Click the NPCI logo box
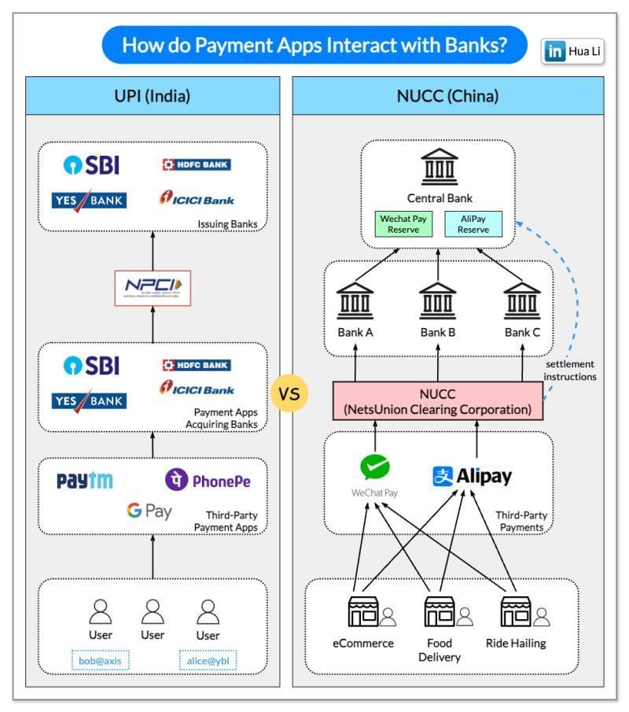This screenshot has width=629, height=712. point(153,288)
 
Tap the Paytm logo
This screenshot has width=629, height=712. point(84,481)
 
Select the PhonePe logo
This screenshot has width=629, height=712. point(208,479)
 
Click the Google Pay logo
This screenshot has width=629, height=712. point(149,511)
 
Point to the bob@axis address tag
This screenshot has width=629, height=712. point(100,662)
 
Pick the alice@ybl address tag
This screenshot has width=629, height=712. point(208,662)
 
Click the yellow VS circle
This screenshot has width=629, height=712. point(289,393)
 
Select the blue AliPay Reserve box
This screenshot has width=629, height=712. point(473,224)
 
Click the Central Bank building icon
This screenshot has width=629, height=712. point(439,167)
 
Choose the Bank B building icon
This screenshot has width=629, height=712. point(438,302)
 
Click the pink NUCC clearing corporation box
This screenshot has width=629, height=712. point(438,401)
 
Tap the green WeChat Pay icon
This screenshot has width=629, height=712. point(374,467)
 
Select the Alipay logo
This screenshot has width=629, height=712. point(472,477)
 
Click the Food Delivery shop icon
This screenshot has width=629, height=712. point(439,611)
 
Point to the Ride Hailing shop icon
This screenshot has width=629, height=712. point(515,611)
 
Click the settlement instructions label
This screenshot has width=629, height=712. point(569,371)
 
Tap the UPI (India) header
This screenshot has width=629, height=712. point(153,98)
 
